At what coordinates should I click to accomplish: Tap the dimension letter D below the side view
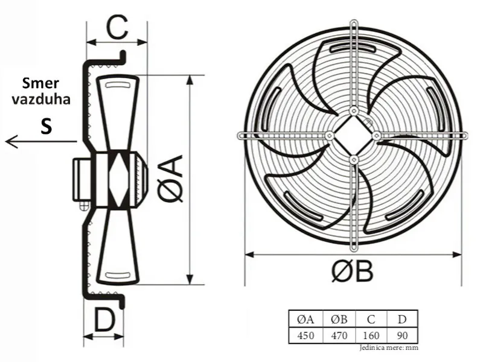[104, 320]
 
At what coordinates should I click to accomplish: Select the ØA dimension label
[170, 179]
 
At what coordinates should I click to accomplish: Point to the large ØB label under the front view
[353, 271]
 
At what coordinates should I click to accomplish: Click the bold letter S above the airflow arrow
[46, 125]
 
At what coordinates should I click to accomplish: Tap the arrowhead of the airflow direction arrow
[11, 142]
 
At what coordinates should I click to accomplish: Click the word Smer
[40, 83]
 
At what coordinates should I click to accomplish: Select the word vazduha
[41, 99]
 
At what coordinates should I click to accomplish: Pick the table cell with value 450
[305, 335]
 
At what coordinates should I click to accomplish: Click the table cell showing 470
[339, 335]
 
